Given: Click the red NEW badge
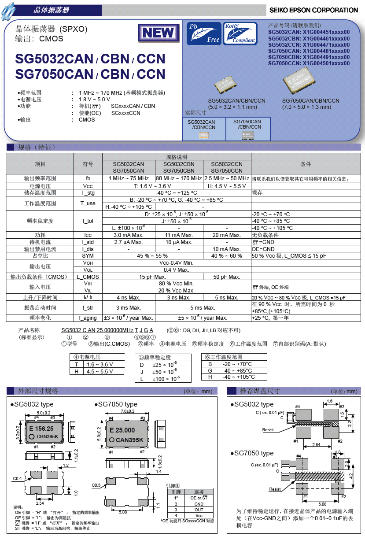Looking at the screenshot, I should [x=158, y=33].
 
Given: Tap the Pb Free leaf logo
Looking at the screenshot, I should [x=203, y=33].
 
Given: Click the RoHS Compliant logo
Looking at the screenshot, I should [x=240, y=33].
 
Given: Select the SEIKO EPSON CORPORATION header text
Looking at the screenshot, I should [x=313, y=10].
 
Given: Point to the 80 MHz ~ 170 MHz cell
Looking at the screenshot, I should [x=179, y=178].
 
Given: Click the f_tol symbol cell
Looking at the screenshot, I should [x=88, y=221].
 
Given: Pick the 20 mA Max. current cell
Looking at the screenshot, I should [x=227, y=235].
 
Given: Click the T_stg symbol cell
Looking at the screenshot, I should [x=88, y=193].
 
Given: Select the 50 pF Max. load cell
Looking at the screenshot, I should [x=227, y=277].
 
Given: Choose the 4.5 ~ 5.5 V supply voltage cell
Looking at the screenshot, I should [x=100, y=372].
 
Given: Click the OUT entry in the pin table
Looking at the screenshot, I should [x=199, y=510].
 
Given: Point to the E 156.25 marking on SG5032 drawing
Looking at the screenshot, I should [x=41, y=429].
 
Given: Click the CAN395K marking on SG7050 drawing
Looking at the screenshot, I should [x=129, y=440].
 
